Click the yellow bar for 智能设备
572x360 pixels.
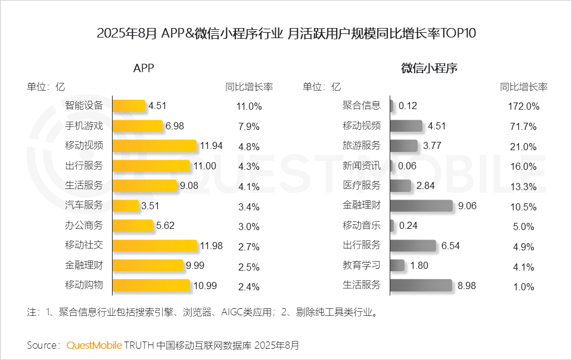pos(129,105)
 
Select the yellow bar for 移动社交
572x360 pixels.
pos(154,246)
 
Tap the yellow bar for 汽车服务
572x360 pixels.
pos(126,206)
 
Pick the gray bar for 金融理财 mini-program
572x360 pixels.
pos(421,206)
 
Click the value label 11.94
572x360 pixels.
pos(213,146)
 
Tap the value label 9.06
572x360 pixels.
pos(467,206)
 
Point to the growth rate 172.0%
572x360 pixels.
pos(524,107)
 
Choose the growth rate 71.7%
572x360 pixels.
pos(524,126)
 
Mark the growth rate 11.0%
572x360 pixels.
pos(249,107)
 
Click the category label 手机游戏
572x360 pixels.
pos(84,126)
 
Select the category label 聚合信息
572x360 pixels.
pos(362,105)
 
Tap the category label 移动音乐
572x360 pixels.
pos(362,225)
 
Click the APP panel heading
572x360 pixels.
pos(143,68)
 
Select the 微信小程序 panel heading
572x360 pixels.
pos(429,68)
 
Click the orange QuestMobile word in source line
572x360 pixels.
pos(94,345)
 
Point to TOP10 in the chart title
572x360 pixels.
pos(458,33)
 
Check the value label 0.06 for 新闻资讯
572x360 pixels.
pos(408,166)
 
